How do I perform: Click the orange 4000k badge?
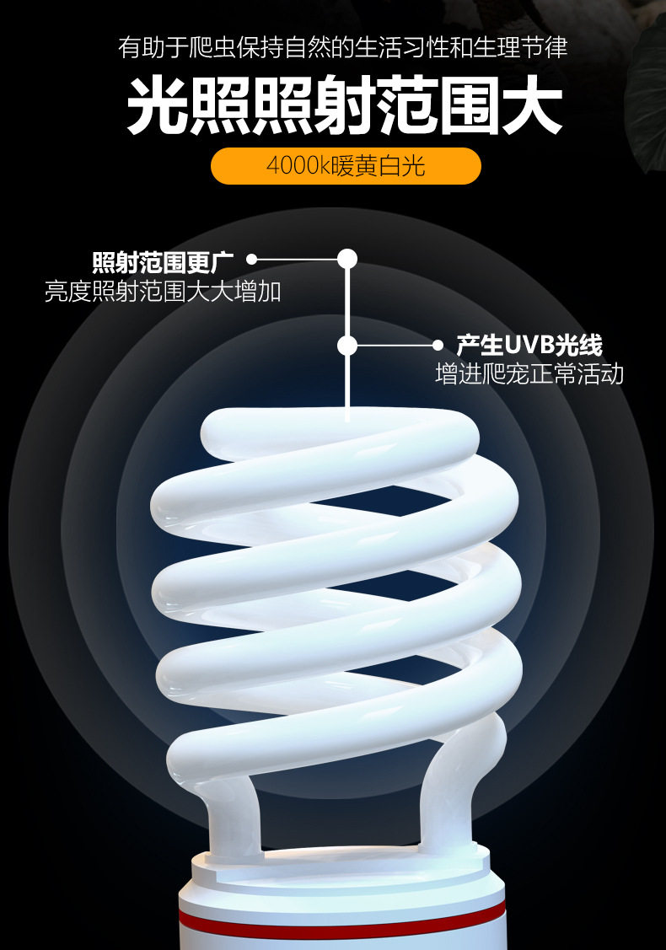tap(345, 166)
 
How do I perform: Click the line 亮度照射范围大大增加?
tap(163, 292)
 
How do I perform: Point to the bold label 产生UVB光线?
tap(529, 345)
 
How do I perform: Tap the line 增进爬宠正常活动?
tap(529, 374)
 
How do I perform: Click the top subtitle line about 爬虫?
tap(343, 48)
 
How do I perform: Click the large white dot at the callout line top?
tap(347, 258)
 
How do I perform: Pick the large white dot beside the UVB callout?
tap(347, 346)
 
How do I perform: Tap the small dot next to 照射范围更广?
tap(251, 260)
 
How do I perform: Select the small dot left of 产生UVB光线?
tap(438, 346)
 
